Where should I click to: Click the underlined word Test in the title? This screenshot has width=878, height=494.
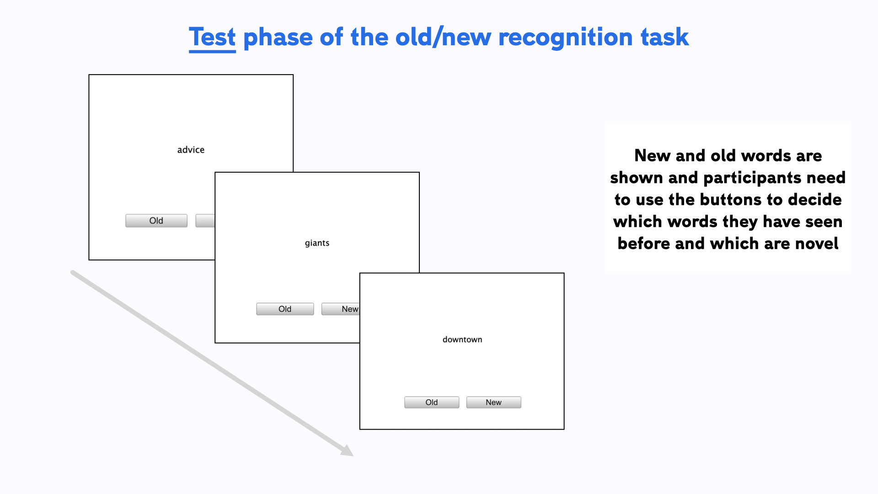212,38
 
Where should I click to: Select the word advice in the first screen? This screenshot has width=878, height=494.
191,150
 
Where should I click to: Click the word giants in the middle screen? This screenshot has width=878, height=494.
317,243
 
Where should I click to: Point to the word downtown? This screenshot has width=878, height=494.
462,339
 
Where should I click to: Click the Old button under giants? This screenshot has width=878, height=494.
285,309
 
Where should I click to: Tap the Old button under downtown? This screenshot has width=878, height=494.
431,403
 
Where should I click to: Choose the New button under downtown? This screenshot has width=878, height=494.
493,403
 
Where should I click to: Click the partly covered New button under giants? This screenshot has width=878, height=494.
341,309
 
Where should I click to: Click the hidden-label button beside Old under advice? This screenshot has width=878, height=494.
205,220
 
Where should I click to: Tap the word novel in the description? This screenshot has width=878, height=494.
816,244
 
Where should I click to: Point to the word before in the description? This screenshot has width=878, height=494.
643,244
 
